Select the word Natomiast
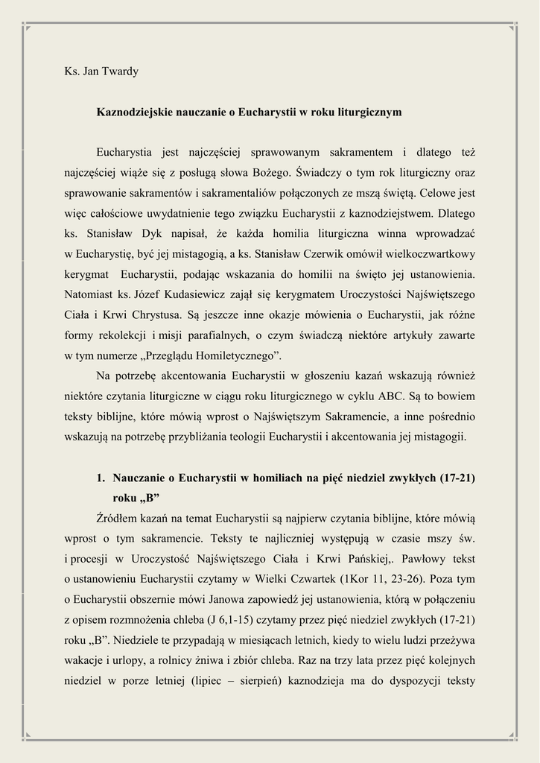click(88, 294)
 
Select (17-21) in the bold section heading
click(457, 478)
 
